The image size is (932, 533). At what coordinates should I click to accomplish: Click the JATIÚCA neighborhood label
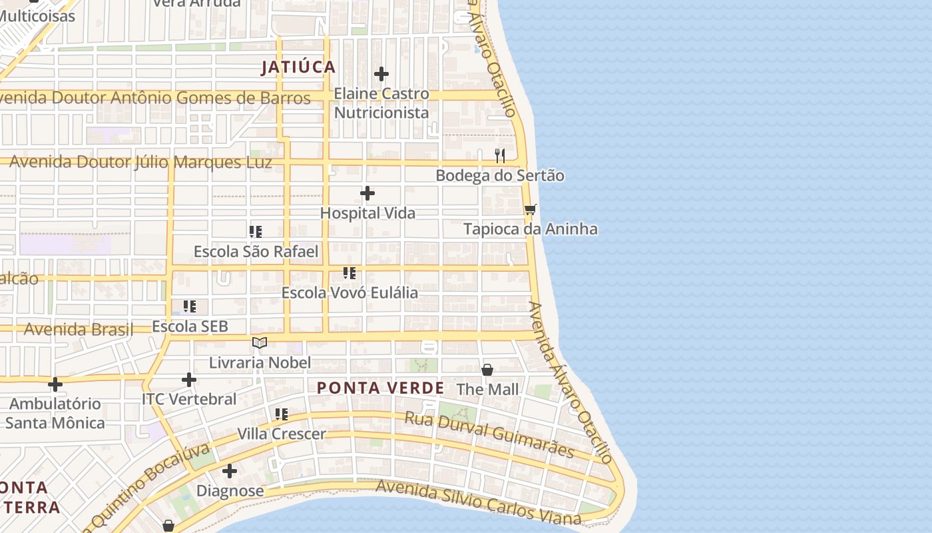298,67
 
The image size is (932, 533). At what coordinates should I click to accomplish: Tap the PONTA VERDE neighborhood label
381,388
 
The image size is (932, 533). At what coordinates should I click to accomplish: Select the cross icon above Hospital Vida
367,194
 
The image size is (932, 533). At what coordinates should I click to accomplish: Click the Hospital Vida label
367,213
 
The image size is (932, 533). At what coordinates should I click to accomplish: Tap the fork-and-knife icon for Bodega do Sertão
500,156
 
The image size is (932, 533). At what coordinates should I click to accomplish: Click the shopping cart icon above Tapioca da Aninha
530,210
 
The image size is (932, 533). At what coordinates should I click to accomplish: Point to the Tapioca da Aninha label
530,229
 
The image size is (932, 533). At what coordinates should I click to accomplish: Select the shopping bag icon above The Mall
487,370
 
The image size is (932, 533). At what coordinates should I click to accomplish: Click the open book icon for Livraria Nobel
260,343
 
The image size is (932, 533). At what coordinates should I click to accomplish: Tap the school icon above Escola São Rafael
256,232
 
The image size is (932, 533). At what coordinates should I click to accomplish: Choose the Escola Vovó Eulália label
349,292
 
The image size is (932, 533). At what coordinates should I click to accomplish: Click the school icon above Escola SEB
190,306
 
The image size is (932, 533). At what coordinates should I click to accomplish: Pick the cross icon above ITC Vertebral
189,380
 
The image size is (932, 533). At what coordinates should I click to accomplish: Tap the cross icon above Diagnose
230,472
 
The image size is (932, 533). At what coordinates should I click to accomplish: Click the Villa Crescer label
282,434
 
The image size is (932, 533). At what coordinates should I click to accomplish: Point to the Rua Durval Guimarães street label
489,434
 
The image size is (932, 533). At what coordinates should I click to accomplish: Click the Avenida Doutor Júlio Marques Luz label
140,162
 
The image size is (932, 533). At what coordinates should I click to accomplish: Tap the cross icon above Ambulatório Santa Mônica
55,384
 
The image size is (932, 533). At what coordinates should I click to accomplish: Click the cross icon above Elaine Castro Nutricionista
381,74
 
